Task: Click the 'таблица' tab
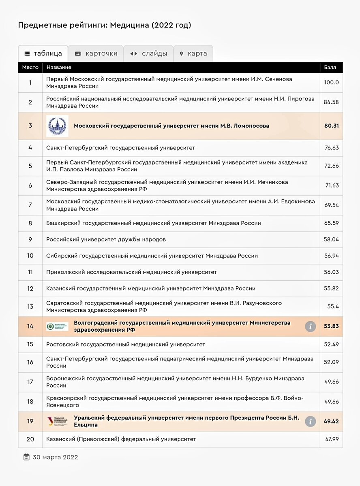[x=43, y=53]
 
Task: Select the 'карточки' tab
[x=96, y=53]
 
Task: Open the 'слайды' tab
[x=148, y=53]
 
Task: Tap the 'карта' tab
[x=193, y=53]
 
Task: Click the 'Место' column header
[x=30, y=67]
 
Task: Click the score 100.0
[x=331, y=83]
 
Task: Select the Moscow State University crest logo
[x=57, y=126]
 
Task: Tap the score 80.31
[x=331, y=126]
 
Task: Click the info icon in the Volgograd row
[x=310, y=326]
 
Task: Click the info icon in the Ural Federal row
[x=310, y=421]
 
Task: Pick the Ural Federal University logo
[x=57, y=421]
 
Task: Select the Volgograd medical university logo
[x=57, y=326]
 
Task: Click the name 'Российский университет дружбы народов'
[x=106, y=239]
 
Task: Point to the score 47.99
[x=331, y=439]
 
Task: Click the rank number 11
[x=30, y=272]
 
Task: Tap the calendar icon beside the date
[x=26, y=457]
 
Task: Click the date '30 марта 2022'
[x=55, y=457]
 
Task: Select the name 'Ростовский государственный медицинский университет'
[x=126, y=344]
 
